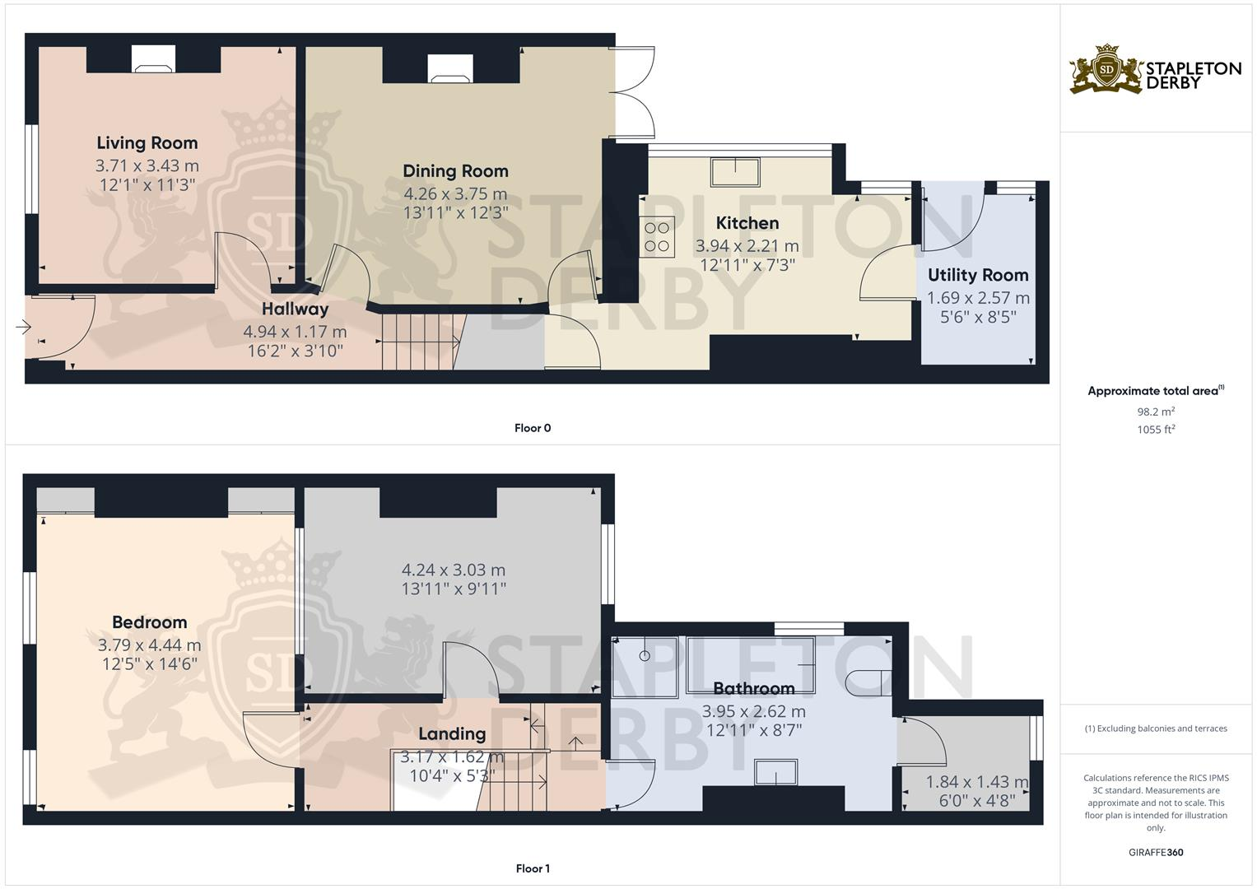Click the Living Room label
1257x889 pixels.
pos(147,143)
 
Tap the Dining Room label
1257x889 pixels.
pos(455,171)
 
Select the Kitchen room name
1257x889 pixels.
pos(747,223)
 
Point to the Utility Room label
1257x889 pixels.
pos(978,275)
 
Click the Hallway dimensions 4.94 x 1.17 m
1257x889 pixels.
pos(295,332)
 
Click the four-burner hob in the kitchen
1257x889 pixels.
pos(657,237)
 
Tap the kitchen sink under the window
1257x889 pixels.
pos(735,172)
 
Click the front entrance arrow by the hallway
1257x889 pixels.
pos(22,328)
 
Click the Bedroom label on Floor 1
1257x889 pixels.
pos(149,622)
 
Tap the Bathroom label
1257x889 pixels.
pos(753,688)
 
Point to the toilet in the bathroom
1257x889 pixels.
pos(868,682)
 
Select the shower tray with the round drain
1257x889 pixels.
pos(645,663)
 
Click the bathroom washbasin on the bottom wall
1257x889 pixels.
pos(775,773)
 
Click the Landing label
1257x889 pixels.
pos(452,733)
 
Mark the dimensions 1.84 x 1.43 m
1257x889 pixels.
pos(976,782)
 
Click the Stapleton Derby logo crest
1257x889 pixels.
pos(1106,70)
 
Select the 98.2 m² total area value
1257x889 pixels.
pos(1155,412)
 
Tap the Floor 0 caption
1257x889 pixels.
pos(533,428)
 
